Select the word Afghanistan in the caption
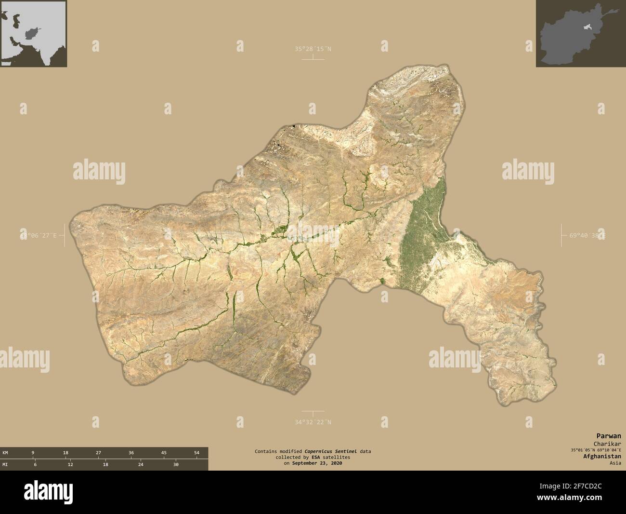[602, 456]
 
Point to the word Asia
[614, 463]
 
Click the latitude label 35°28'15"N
[313, 49]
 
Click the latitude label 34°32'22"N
[313, 422]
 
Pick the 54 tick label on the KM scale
[196, 453]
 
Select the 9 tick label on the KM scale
[33, 453]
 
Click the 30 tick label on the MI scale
[176, 464]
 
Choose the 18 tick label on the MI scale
[105, 464]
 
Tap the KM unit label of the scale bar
[5, 453]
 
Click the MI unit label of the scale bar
[5, 464]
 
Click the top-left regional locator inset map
[33, 34]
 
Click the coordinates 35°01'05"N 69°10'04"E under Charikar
[595, 450]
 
